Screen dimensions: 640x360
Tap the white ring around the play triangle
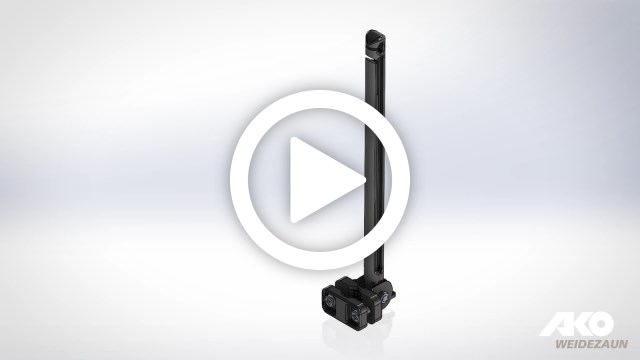[239, 180]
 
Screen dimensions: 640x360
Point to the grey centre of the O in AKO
[600, 324]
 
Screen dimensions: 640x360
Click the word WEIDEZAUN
[591, 344]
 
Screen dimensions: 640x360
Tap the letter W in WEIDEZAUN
[560, 344]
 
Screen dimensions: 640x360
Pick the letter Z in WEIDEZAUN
[598, 344]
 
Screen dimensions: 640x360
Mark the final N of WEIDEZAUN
[623, 344]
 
